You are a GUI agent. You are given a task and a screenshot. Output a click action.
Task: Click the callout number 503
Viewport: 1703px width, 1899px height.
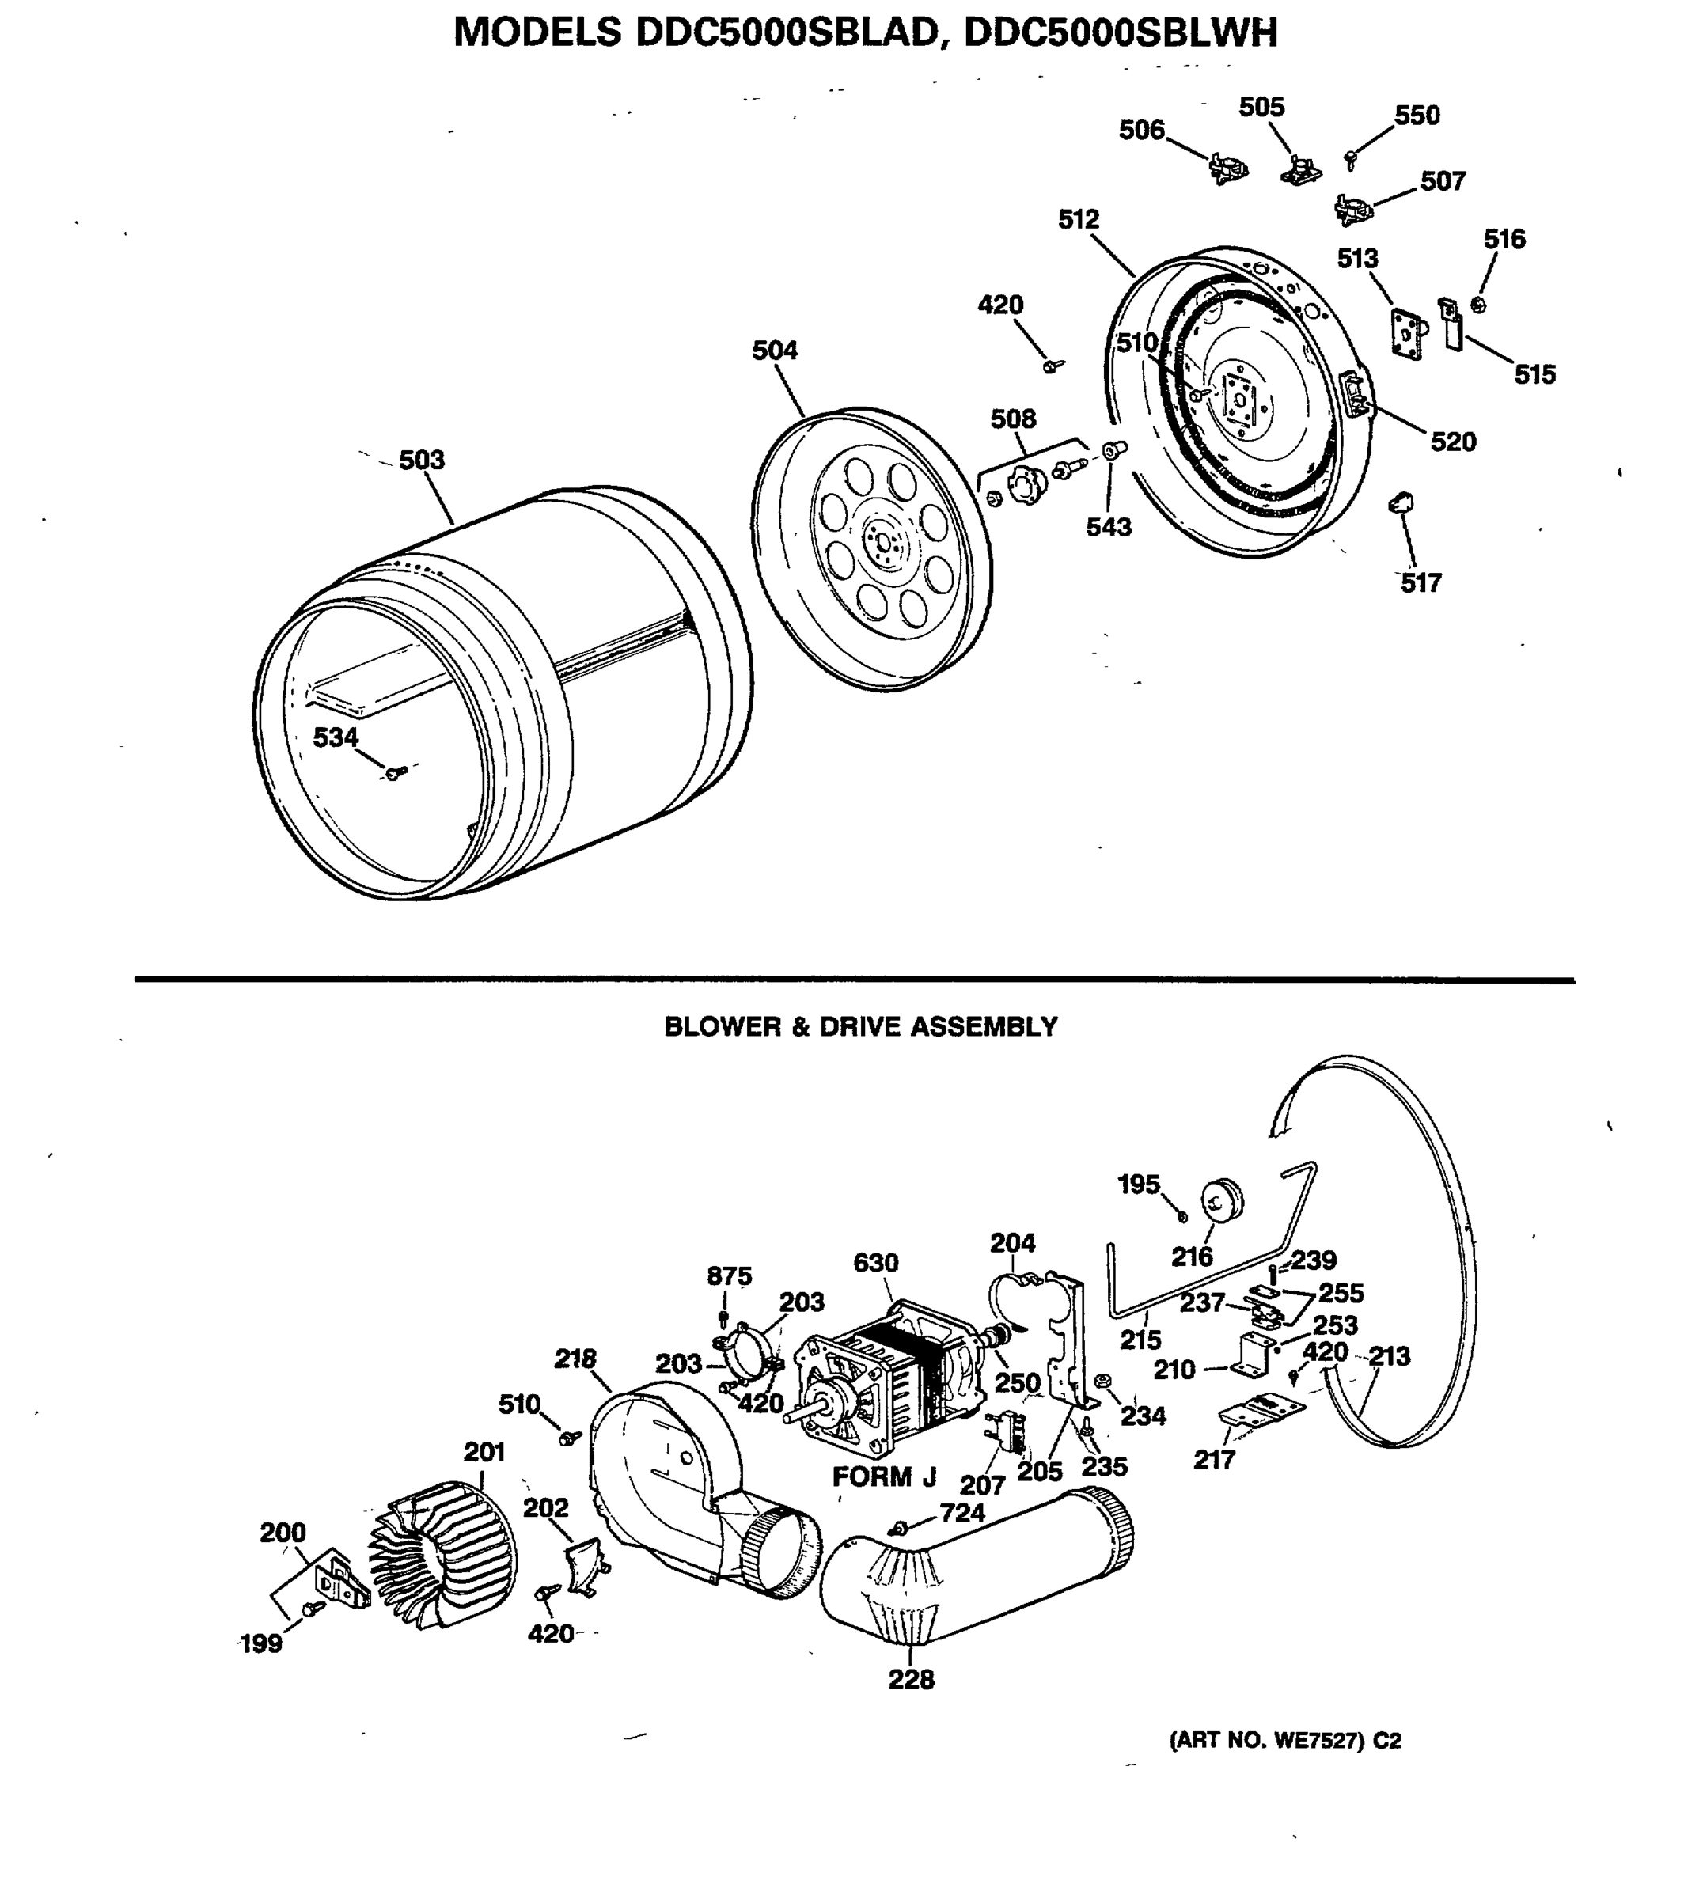point(421,461)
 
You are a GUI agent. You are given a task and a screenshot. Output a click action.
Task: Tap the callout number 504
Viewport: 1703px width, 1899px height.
point(775,351)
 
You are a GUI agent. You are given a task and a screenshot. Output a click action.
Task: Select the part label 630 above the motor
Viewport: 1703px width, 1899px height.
point(875,1263)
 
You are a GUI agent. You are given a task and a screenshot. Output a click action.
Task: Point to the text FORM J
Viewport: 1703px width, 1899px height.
point(884,1477)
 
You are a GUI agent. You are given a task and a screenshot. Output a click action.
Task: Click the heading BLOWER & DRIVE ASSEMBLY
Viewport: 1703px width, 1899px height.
point(860,1027)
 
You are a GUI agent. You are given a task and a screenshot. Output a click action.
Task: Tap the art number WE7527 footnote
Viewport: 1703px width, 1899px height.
point(1284,1741)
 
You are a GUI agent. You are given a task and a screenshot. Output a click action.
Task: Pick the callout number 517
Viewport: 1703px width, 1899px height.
point(1420,583)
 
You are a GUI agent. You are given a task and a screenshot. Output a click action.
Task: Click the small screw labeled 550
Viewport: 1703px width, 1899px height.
point(1350,159)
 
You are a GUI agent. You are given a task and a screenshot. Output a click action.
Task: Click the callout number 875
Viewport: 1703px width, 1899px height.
point(729,1276)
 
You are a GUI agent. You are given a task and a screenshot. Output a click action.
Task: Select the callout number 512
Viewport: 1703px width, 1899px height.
point(1078,220)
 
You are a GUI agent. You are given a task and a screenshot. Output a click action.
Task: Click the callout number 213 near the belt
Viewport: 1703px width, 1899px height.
point(1389,1355)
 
